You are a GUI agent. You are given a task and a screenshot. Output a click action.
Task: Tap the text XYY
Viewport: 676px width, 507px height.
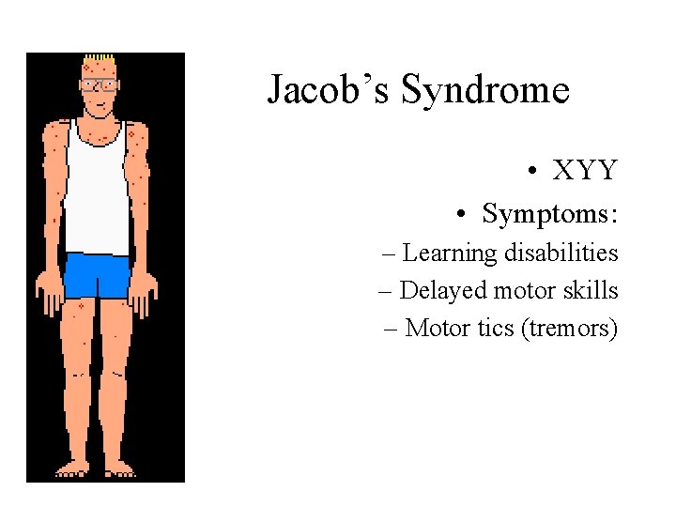coord(585,170)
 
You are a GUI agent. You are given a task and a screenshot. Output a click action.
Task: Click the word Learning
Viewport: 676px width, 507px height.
coord(449,253)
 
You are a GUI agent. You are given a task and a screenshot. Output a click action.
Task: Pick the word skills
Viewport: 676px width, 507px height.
coord(591,291)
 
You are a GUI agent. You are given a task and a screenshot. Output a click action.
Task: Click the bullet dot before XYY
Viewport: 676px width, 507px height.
coord(531,171)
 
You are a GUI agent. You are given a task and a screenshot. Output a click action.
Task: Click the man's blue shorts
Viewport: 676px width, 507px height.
coord(97,275)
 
